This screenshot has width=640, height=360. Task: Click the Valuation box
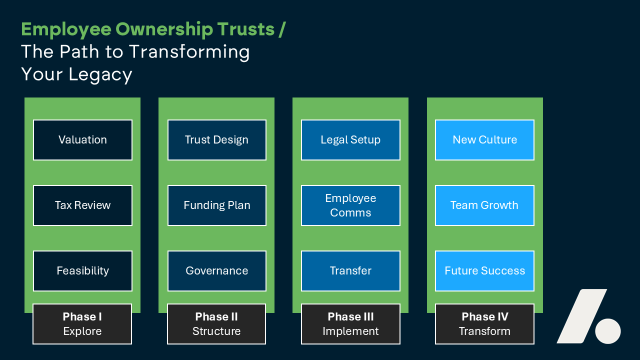point(82,140)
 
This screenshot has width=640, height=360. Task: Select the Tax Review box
point(82,205)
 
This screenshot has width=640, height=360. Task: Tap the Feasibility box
point(82,271)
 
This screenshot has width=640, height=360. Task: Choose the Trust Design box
point(216,140)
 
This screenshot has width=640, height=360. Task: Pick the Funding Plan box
point(216,205)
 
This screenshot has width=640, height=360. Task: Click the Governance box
point(216,271)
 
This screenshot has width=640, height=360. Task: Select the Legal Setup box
point(350,140)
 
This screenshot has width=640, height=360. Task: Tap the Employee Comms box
point(350,205)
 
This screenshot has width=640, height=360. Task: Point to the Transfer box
point(350,271)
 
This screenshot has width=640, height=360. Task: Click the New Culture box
point(484,140)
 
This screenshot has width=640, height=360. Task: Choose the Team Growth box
point(484,205)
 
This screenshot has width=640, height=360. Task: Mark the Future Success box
point(484,271)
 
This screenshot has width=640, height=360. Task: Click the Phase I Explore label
point(82,324)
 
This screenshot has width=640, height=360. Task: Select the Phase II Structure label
point(216,324)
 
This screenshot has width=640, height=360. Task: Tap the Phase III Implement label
point(350,324)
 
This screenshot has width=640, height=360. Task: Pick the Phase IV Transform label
point(484,324)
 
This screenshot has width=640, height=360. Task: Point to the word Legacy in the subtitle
point(100,74)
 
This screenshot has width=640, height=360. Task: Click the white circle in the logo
point(608,331)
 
